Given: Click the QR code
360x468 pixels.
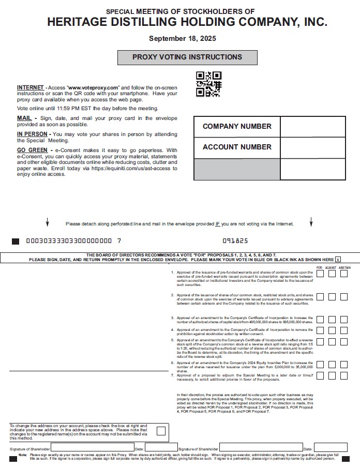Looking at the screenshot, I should point(208,84).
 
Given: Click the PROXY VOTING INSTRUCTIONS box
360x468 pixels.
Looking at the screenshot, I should point(187,57).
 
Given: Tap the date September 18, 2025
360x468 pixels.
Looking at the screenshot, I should point(183,38).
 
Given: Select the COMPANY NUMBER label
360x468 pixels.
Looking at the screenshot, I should point(237,126).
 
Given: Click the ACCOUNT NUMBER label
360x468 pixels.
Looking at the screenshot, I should point(237,147).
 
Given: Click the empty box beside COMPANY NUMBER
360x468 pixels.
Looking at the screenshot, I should point(312,127).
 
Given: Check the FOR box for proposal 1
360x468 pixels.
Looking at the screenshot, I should point(320,274).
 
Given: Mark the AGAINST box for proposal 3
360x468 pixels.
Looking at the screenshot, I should point(332,320).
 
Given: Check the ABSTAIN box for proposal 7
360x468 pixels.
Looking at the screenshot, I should point(343,376).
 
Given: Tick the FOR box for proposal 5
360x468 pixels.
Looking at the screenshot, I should point(320,342).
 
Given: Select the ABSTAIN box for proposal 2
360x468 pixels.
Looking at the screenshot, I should point(343,297).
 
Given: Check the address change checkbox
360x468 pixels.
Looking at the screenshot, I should point(161,431).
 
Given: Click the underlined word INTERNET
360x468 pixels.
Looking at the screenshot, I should point(30,88).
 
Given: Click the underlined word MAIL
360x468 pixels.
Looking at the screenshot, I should point(24,118).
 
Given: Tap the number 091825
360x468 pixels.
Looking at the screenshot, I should point(235,241).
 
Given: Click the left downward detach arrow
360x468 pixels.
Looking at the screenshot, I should point(48,222).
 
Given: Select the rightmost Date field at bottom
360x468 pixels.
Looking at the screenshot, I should point(330,447).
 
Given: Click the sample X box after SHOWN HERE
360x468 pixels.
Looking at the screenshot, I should point(338,260).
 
